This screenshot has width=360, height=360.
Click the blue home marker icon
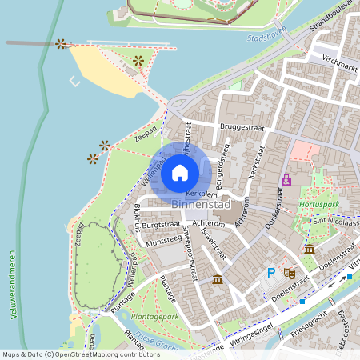pyautogui.click(x=180, y=172)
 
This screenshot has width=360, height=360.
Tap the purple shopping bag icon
pyautogui.click(x=286, y=180)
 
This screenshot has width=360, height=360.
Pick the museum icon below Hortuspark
pyautogui.click(x=310, y=250)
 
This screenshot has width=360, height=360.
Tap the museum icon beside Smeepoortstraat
pyautogui.click(x=218, y=279)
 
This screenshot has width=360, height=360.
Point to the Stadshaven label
pyautogui.click(x=267, y=37)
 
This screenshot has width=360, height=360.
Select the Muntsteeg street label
pyautogui.click(x=163, y=239)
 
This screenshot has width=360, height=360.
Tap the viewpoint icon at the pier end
pyautogui.click(x=61, y=43)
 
